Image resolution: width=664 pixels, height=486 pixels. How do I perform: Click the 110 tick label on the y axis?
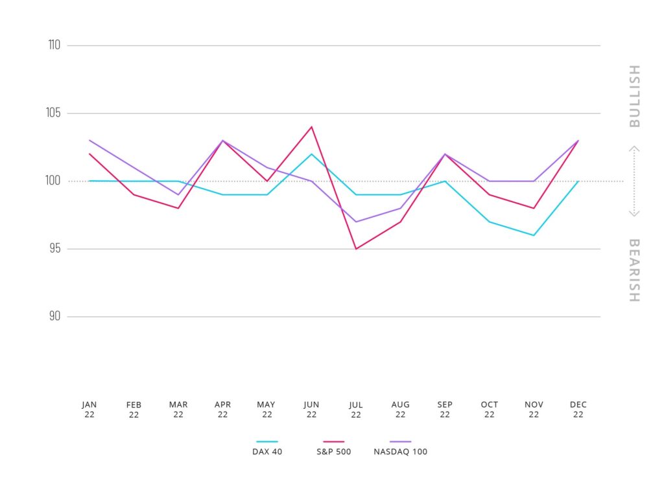pyautogui.click(x=54, y=45)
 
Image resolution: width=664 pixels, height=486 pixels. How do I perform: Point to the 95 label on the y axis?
pyautogui.click(x=54, y=249)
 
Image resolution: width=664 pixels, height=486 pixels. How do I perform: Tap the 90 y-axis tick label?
pyautogui.click(x=54, y=317)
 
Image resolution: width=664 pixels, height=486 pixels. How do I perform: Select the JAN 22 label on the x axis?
pyautogui.click(x=89, y=410)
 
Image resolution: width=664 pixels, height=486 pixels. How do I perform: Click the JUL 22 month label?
pyautogui.click(x=356, y=410)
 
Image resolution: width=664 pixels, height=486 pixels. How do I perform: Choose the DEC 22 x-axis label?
pyautogui.click(x=578, y=410)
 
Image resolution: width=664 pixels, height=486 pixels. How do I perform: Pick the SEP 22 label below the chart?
pyautogui.click(x=445, y=410)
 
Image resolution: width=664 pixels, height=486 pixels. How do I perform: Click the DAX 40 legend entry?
pyautogui.click(x=267, y=452)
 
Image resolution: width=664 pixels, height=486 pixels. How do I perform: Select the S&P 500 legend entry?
pyautogui.click(x=333, y=452)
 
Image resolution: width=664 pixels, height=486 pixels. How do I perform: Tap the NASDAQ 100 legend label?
pyautogui.click(x=401, y=452)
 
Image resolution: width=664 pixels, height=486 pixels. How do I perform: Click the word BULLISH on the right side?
pyautogui.click(x=634, y=96)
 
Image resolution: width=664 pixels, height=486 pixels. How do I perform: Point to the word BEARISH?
pyautogui.click(x=634, y=270)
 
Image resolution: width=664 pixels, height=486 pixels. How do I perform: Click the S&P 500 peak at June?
pyautogui.click(x=312, y=127)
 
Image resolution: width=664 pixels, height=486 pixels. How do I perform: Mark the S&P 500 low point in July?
pyautogui.click(x=356, y=249)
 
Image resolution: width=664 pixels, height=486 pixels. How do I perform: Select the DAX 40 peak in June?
pyautogui.click(x=312, y=154)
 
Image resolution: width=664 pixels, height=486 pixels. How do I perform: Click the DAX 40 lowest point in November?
pyautogui.click(x=534, y=235)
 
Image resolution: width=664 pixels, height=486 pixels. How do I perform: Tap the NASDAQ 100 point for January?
pyautogui.click(x=89, y=140)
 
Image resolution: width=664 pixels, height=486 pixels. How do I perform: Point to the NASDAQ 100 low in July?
pyautogui.click(x=356, y=222)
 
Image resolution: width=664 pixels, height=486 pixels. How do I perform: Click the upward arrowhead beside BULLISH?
pyautogui.click(x=634, y=148)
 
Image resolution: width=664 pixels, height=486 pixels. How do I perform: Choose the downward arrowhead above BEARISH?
pyautogui.click(x=634, y=214)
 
